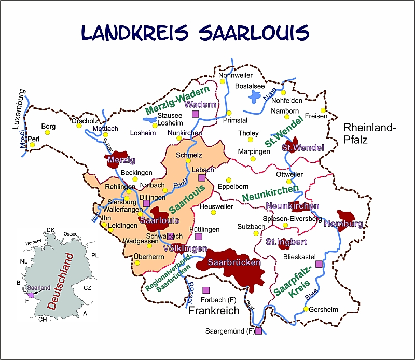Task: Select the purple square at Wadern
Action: (196, 114)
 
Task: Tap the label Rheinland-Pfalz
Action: (370, 133)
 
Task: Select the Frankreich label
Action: (214, 311)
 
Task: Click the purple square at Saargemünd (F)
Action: (258, 330)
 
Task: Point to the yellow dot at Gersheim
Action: (306, 309)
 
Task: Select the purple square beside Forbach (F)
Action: (206, 289)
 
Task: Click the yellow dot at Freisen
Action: (323, 110)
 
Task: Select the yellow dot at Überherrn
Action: (137, 262)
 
